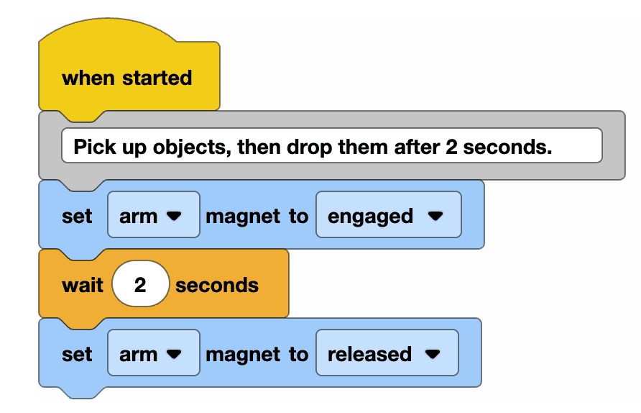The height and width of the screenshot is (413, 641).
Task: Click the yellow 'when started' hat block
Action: click(x=128, y=78)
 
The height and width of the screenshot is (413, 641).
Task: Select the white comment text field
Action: click(x=331, y=146)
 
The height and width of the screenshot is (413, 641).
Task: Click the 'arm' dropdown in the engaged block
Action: click(x=153, y=216)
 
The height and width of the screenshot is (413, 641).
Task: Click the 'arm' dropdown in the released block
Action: click(x=153, y=354)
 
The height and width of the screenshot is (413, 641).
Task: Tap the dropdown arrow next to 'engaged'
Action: click(x=434, y=216)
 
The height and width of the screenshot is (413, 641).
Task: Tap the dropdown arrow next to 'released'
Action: click(x=432, y=354)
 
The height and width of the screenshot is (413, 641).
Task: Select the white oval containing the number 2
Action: click(x=140, y=285)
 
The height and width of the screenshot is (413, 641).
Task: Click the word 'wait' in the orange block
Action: click(x=83, y=285)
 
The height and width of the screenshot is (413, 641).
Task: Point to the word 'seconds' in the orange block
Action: click(x=217, y=285)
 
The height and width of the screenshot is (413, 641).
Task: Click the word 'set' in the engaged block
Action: click(x=78, y=216)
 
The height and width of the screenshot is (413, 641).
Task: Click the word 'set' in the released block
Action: click(x=78, y=354)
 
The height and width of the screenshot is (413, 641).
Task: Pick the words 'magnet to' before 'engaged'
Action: click(x=257, y=216)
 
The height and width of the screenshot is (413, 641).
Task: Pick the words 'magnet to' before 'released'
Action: click(x=257, y=354)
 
